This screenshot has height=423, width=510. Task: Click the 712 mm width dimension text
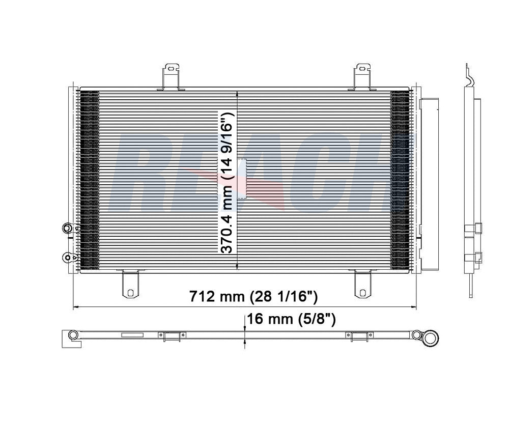(253, 296)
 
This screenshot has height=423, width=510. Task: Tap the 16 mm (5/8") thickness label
(291, 319)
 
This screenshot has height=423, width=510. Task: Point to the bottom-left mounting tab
(130, 284)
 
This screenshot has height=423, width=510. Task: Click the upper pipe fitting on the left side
(68, 228)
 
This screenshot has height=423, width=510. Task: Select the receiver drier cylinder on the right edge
(429, 184)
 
